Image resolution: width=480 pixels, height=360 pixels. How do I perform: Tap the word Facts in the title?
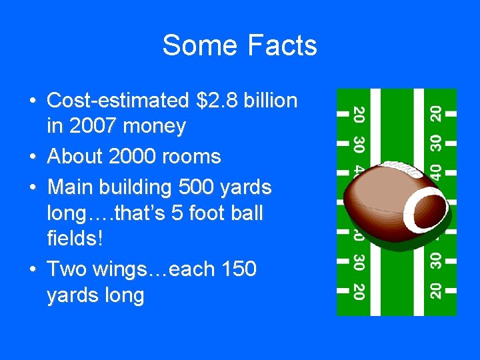point(282,46)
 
